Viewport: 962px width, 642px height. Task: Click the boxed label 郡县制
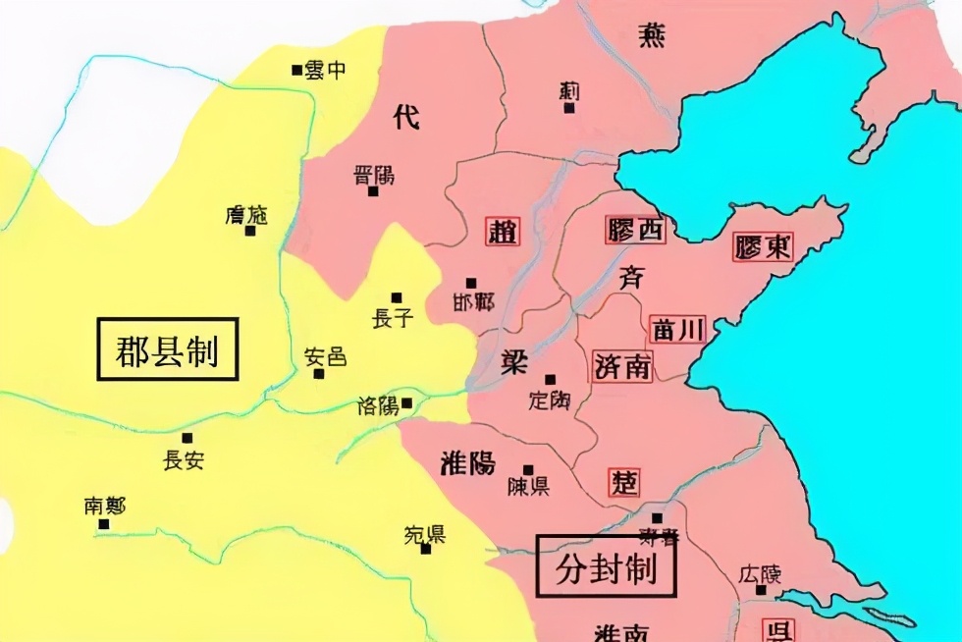coord(167,350)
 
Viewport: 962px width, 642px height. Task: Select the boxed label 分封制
coord(607,566)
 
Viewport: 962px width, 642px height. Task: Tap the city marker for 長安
coord(187,438)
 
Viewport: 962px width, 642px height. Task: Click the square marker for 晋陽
coord(373,191)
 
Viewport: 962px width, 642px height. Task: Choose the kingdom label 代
coord(405,117)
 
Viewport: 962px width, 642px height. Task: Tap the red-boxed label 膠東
coord(763,245)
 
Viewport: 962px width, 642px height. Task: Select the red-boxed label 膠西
coord(634,230)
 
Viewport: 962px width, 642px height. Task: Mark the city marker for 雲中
coord(296,70)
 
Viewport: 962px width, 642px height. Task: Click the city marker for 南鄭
coord(103,524)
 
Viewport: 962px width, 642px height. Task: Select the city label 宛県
coord(424,535)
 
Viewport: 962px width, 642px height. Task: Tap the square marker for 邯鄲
coord(471,283)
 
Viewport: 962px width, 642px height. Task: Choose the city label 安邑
coord(326,357)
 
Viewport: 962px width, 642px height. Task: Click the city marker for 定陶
coord(550,380)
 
